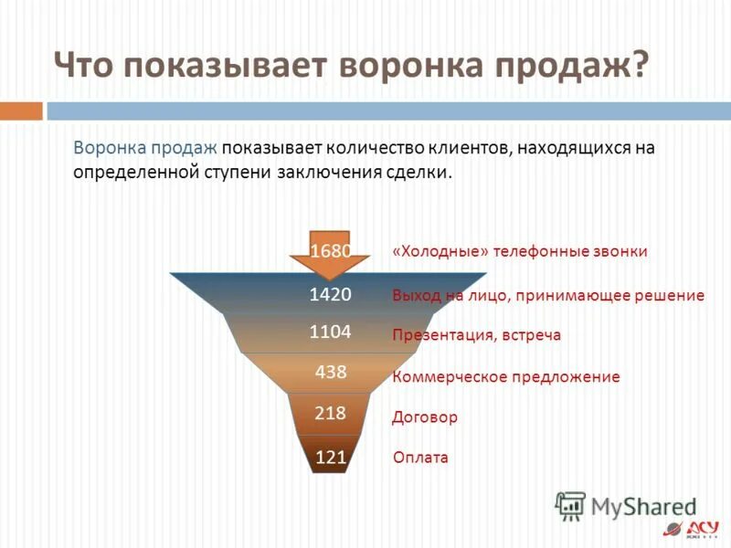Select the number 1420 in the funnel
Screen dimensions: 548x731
coord(330,294)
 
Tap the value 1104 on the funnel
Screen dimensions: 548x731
coord(330,332)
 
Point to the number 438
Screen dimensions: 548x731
coord(330,373)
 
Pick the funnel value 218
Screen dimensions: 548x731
coord(330,414)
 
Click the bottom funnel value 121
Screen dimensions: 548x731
coord(330,458)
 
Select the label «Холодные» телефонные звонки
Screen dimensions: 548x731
coord(519,252)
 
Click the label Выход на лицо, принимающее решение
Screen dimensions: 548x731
coord(547,295)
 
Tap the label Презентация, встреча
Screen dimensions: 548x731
coord(476,335)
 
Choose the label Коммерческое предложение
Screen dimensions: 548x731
coord(505,376)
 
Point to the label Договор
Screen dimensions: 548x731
coord(424,417)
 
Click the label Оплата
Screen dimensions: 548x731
coord(419,458)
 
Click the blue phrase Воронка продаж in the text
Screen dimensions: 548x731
coord(143,148)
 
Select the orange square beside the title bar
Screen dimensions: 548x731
coord(21,111)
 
